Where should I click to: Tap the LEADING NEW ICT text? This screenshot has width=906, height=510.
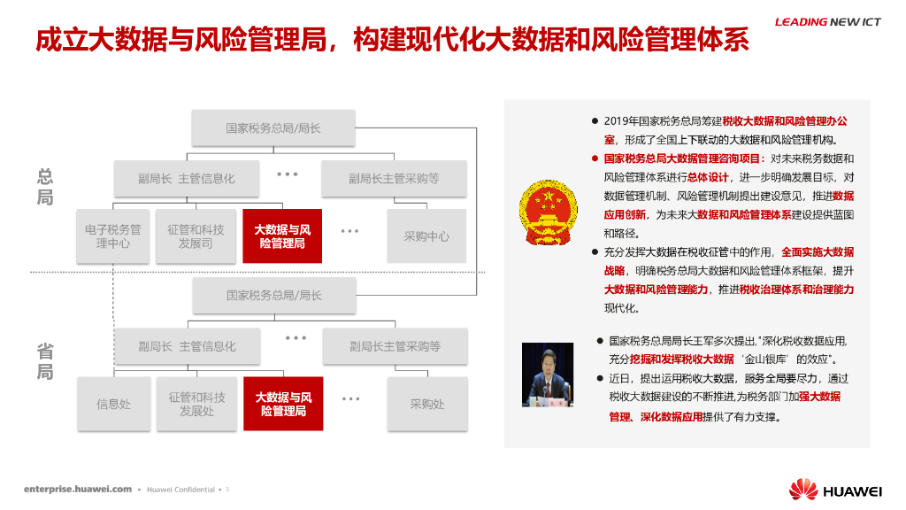tap(828, 22)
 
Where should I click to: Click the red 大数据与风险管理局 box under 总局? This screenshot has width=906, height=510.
tap(282, 236)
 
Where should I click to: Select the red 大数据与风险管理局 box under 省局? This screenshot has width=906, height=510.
tap(283, 404)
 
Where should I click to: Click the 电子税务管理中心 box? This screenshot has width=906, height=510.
tap(112, 236)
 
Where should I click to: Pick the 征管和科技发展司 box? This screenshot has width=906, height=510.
tap(196, 236)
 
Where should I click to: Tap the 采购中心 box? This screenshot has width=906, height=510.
tap(426, 236)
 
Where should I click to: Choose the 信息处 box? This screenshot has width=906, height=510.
tap(113, 404)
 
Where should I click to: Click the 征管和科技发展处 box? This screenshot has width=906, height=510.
tap(196, 404)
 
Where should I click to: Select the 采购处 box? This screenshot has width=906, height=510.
tap(426, 404)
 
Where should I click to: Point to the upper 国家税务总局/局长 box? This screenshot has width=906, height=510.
tap(273, 128)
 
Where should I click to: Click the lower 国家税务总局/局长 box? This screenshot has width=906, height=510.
tap(274, 295)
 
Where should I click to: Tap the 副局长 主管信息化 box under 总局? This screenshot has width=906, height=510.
tap(187, 179)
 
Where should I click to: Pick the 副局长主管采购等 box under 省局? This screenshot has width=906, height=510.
tap(395, 346)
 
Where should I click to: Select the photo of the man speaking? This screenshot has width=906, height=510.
tap(549, 375)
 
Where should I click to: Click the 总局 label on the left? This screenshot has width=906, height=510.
tap(45, 186)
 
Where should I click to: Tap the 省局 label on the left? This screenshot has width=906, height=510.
tap(45, 361)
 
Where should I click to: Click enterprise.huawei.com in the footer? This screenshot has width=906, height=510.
tap(78, 489)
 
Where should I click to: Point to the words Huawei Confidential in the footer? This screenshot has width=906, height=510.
tap(180, 489)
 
